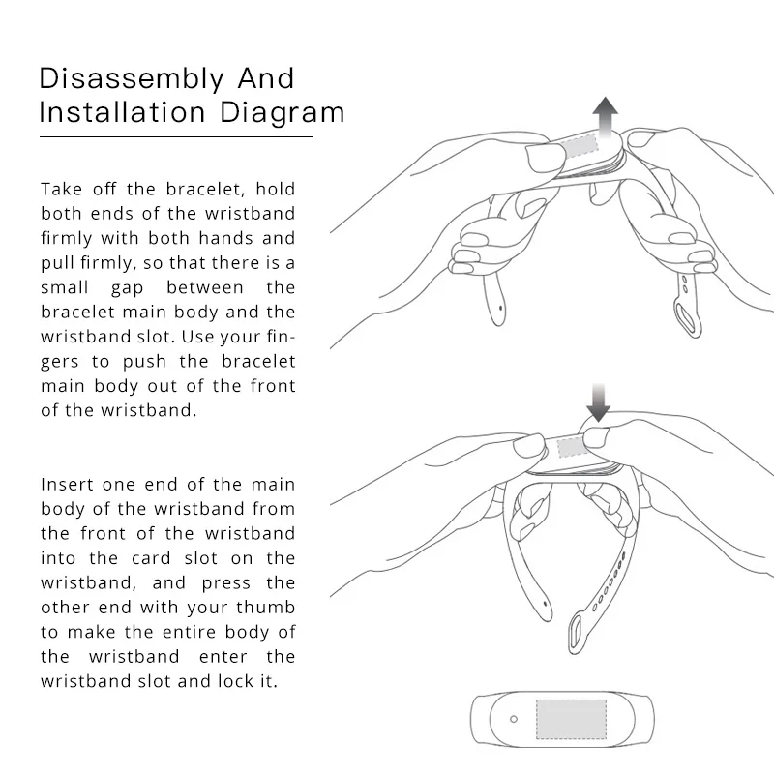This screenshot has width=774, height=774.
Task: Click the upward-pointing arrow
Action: pyautogui.click(x=606, y=118)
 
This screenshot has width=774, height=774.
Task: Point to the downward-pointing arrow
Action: pyautogui.click(x=598, y=402)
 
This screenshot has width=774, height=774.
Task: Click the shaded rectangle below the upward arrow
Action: pyautogui.click(x=582, y=147)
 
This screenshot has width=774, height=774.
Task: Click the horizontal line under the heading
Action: pyautogui.click(x=176, y=136)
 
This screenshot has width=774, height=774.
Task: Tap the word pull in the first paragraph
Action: pyautogui.click(x=59, y=263)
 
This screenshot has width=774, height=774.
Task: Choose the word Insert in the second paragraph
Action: pyautogui.click(x=67, y=484)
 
